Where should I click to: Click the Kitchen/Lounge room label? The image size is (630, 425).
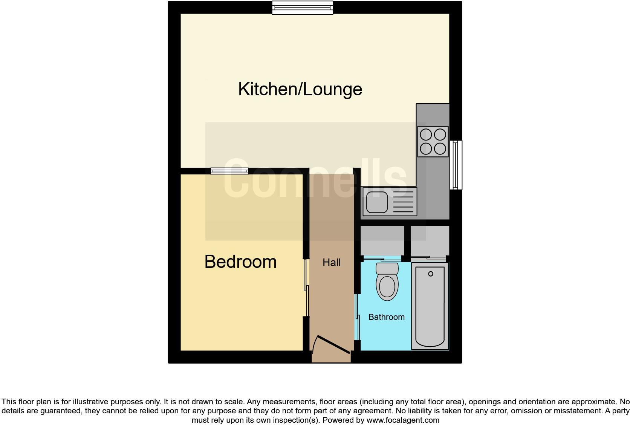[300, 89]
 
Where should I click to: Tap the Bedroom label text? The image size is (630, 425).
[240, 262]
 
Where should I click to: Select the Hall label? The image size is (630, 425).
[332, 263]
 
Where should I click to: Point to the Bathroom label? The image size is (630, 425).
[386, 317]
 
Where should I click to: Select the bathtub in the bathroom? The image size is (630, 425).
[430, 306]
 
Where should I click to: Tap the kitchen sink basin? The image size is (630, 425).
[377, 202]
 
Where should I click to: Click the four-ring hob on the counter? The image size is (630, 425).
[433, 141]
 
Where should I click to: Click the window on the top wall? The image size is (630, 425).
[303, 8]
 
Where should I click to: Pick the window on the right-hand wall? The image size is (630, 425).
[456, 165]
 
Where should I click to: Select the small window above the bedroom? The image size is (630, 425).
[229, 171]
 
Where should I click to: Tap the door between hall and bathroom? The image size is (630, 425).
[357, 316]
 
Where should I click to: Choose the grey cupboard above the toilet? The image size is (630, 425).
[382, 240]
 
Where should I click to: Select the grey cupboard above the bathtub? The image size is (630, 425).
[430, 240]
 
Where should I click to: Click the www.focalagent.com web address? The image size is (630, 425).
[403, 420]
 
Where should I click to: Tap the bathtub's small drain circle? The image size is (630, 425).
[431, 274]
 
